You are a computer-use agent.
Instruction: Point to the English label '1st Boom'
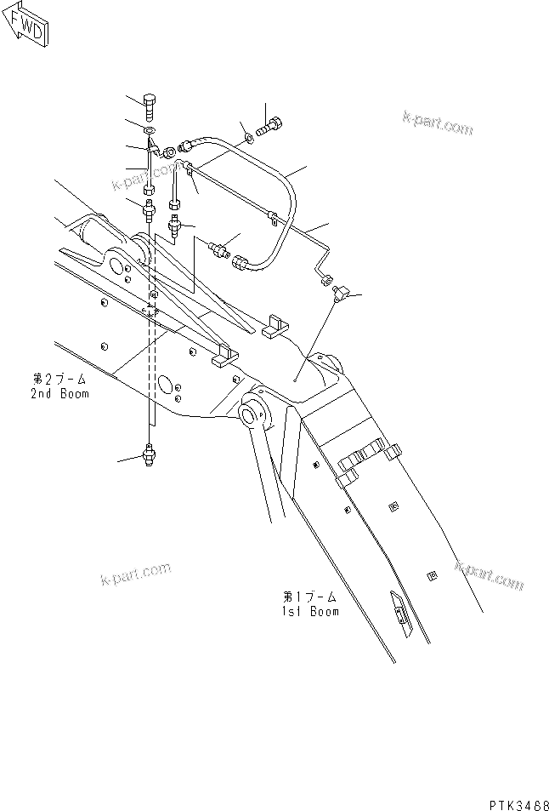(x=311, y=611)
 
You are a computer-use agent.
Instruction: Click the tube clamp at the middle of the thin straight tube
(x=273, y=217)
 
